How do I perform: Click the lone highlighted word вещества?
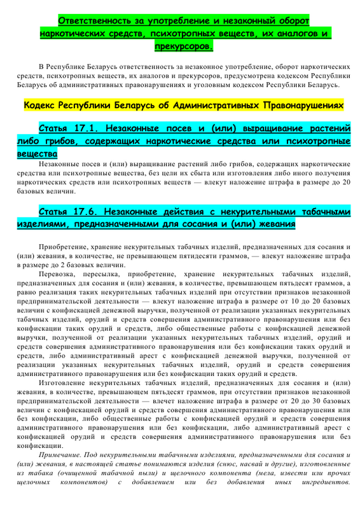pyautogui.click(x=37, y=153)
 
